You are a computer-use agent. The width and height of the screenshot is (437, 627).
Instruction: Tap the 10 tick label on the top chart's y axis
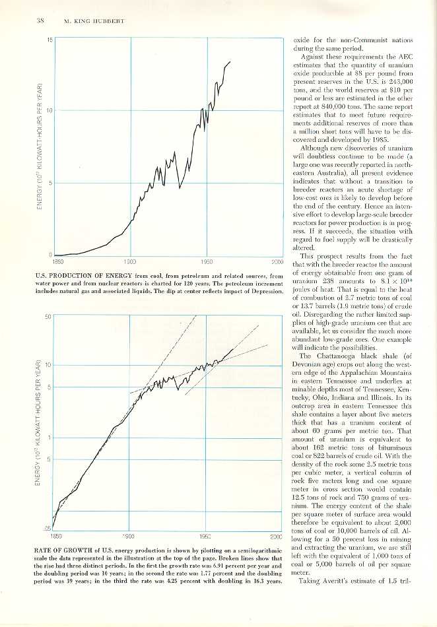click(x=50, y=111)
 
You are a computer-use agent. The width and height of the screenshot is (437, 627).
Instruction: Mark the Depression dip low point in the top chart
click(x=181, y=189)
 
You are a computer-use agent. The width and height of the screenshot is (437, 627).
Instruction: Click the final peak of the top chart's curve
click(x=230, y=61)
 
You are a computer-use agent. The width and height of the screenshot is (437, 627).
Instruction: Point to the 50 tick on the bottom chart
click(x=48, y=316)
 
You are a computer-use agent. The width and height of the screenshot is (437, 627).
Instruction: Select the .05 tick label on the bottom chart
click(x=48, y=528)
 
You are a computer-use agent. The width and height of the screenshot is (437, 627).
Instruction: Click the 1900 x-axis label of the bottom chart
click(x=129, y=536)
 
